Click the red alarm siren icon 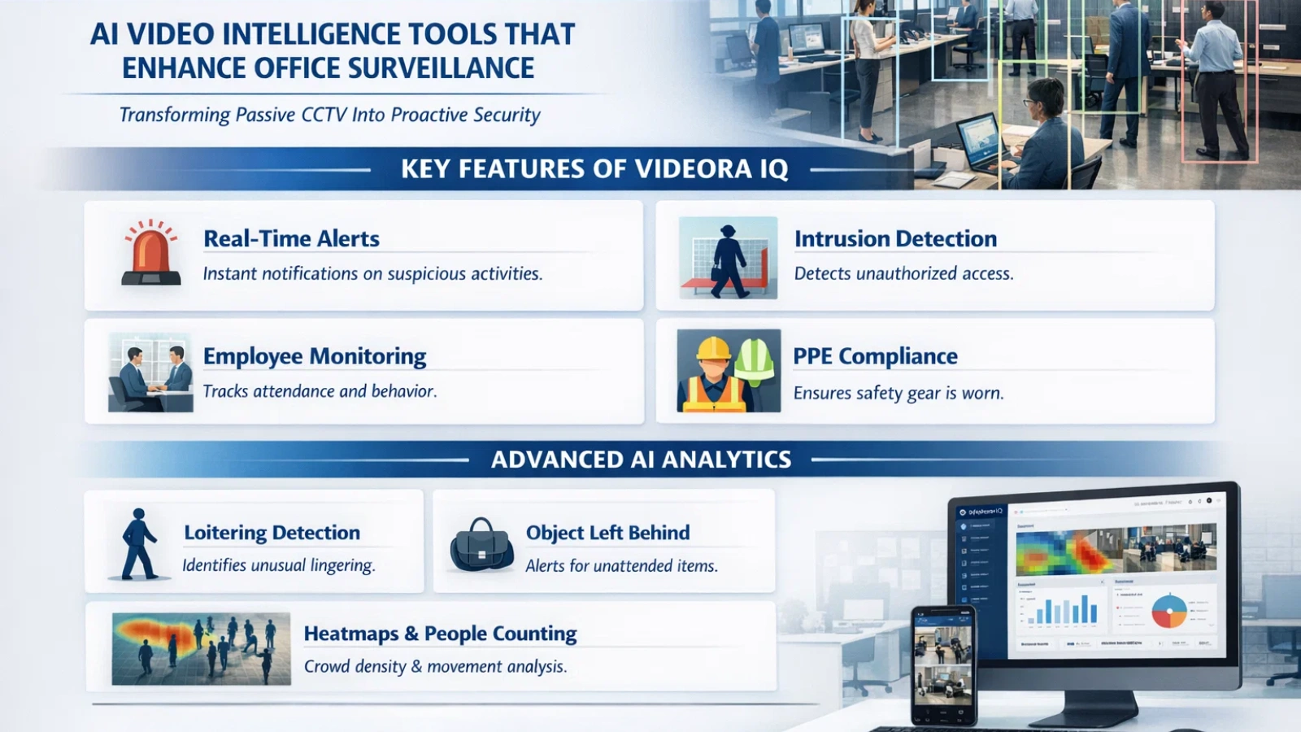click(x=150, y=253)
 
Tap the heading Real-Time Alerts click(x=291, y=238)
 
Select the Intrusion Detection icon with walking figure click(x=728, y=258)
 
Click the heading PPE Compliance click(x=875, y=356)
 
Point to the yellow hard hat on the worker click(x=714, y=348)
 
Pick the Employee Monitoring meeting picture click(x=150, y=372)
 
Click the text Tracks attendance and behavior click(x=320, y=391)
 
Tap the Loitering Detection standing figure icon click(x=139, y=543)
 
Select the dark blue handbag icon click(x=481, y=545)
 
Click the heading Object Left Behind click(x=607, y=533)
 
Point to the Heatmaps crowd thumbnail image click(x=201, y=648)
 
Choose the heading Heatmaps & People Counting click(x=440, y=634)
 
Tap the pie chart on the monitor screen click(x=1169, y=611)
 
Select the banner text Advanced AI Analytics click(x=641, y=460)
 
